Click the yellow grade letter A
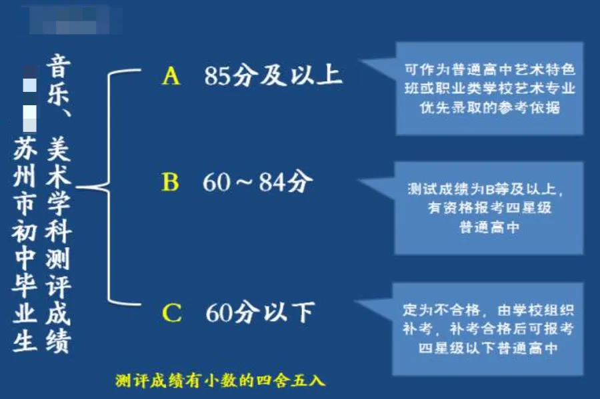[x=171, y=77]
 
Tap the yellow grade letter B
[x=171, y=182]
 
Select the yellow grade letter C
[x=172, y=312]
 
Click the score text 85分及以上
[x=273, y=76]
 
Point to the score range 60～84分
[x=257, y=182]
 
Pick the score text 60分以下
[x=260, y=312]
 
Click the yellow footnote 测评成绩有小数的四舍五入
[x=220, y=381]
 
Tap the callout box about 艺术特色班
[x=489, y=88]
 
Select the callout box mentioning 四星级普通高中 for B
[x=489, y=207]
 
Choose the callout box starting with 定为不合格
[x=488, y=328]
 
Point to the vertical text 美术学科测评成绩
[x=59, y=246]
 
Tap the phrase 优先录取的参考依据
[x=489, y=109]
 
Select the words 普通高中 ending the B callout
[x=489, y=226]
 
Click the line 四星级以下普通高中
[x=488, y=348]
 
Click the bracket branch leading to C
[x=127, y=304]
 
